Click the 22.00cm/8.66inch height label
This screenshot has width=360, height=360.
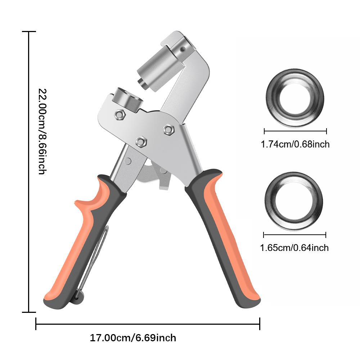[42, 131]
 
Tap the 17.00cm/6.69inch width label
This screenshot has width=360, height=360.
[133, 338]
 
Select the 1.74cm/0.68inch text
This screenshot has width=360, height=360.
[295, 144]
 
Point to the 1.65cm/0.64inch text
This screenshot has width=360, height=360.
[294, 248]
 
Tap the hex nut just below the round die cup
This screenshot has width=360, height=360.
[119, 115]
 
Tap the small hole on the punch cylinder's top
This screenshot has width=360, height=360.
[183, 48]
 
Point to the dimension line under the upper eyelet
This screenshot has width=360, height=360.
[295, 131]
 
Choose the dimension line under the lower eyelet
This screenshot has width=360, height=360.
[294, 235]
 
